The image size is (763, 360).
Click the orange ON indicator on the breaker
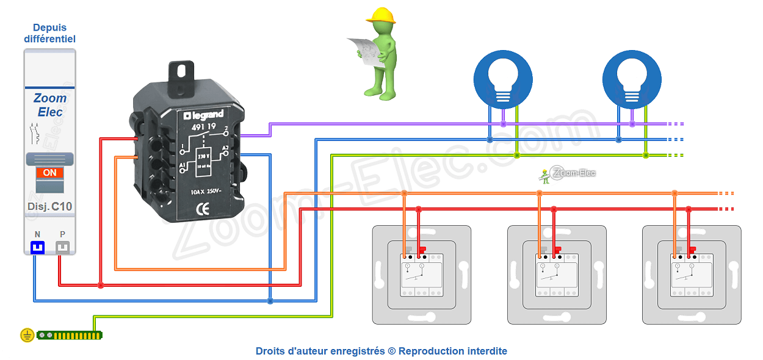[50, 173]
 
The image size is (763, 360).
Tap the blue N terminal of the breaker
[38, 247]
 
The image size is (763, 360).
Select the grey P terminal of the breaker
[63, 247]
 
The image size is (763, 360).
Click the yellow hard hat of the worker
[382, 15]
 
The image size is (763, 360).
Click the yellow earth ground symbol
[26, 335]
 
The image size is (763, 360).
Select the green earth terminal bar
[70, 335]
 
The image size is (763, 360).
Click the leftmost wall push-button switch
[422, 275]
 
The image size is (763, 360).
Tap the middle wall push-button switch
[557, 275]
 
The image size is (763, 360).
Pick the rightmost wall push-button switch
[692, 275]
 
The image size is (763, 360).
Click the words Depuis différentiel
[50, 33]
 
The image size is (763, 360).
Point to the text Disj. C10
[50, 206]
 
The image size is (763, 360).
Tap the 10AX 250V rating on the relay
[206, 192]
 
